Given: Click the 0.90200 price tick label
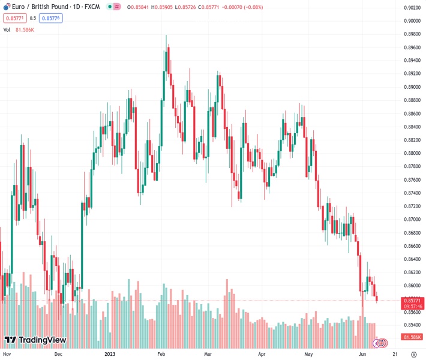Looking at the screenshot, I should pos(412,8).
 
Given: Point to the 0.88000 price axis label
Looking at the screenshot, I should pos(412,154).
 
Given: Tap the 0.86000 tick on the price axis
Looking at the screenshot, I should pos(412,286).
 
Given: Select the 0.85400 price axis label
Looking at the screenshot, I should pos(412,325).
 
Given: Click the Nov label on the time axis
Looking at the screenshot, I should pos(7,354).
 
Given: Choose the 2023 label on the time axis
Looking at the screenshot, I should pos(110,354).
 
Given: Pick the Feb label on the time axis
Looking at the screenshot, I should pos(161,354).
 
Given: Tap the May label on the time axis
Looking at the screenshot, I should pos(308,354).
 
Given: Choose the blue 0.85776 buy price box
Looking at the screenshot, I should pos(52,18).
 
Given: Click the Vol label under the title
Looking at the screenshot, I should pos(7,29).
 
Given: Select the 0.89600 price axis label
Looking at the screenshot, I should pos(412,47).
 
